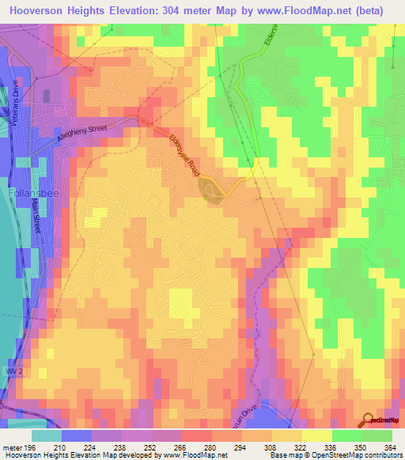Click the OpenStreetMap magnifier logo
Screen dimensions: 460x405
pyautogui.click(x=368, y=420)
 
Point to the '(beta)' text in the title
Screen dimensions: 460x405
pyautogui.click(x=370, y=10)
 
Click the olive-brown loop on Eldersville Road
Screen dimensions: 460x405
pyautogui.click(x=209, y=189)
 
